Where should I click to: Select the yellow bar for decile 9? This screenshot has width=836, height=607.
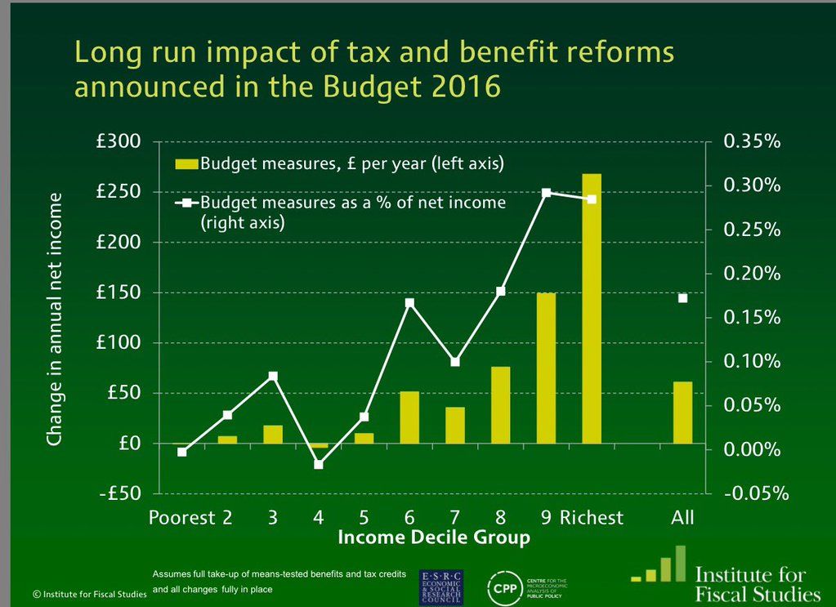[x=546, y=368]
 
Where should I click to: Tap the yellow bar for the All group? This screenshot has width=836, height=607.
[x=682, y=412]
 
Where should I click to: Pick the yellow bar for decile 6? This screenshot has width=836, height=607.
[x=409, y=417]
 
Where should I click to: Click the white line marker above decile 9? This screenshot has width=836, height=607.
[x=547, y=194]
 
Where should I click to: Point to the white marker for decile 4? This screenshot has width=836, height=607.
[x=319, y=464]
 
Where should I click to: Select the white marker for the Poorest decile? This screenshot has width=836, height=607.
[x=182, y=452]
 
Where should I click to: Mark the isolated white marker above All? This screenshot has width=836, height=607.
[x=682, y=298]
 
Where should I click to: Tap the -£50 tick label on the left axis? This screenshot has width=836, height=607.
[x=117, y=493]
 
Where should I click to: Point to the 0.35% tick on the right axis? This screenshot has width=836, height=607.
[x=753, y=141]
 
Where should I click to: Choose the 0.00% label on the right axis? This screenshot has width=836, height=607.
[x=753, y=449]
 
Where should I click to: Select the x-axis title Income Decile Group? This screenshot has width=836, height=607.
[x=433, y=538]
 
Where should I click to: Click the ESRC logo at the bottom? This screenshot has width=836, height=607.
[x=440, y=586]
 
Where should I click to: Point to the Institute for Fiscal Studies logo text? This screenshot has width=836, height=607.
[x=756, y=582]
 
